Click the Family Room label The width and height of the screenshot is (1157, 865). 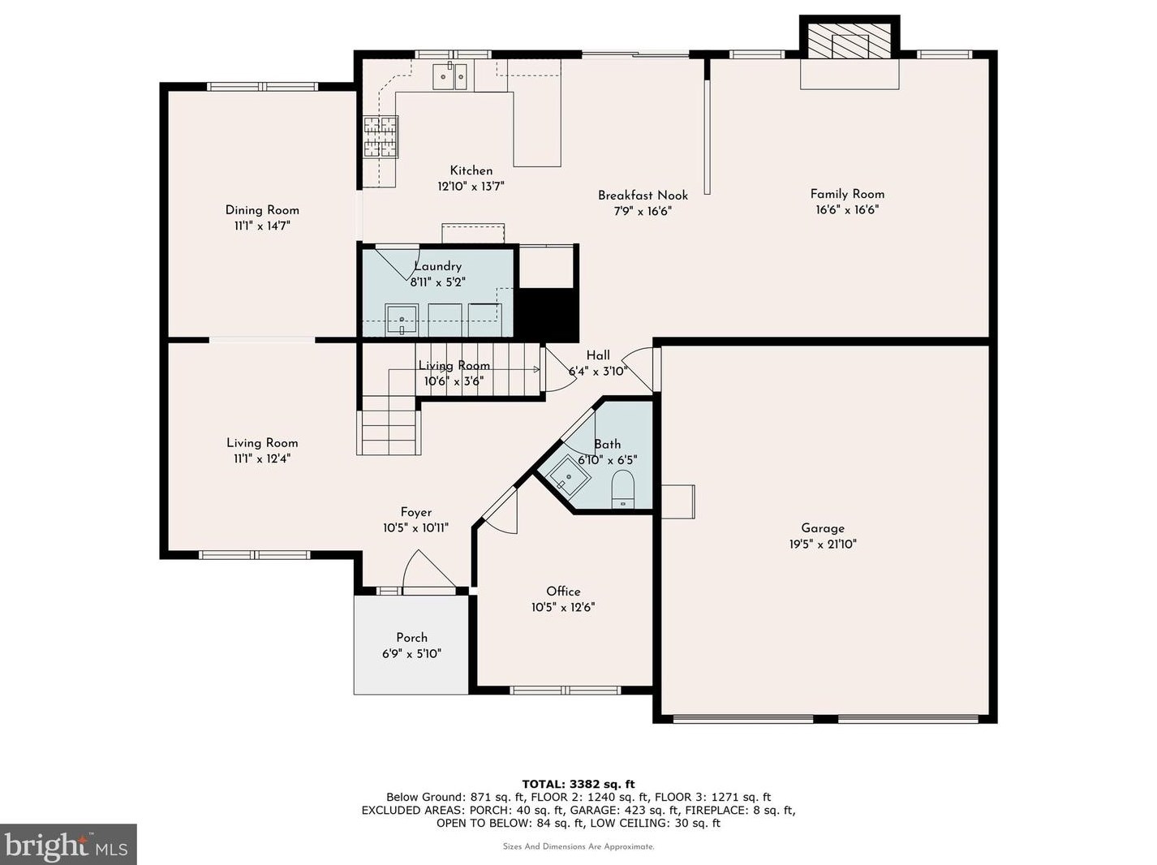pyautogui.click(x=847, y=194)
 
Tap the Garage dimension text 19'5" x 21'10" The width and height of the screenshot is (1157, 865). pyautogui.click(x=823, y=544)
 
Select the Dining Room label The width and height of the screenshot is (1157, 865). pyautogui.click(x=262, y=210)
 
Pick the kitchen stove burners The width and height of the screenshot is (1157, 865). pyautogui.click(x=380, y=137)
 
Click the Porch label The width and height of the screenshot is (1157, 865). pyautogui.click(x=411, y=638)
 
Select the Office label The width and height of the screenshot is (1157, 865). pyautogui.click(x=563, y=592)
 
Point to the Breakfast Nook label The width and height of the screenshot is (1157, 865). pyautogui.click(x=643, y=196)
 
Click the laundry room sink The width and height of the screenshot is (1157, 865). pyautogui.click(x=402, y=320)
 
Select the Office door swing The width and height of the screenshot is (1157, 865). pyautogui.click(x=500, y=511)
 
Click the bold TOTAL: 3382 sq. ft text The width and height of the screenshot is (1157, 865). pyautogui.click(x=578, y=785)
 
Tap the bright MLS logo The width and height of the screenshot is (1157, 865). pyautogui.click(x=68, y=845)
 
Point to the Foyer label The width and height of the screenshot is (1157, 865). pyautogui.click(x=416, y=512)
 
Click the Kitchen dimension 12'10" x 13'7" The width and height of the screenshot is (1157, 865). pyautogui.click(x=471, y=187)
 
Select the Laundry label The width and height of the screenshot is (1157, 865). pyautogui.click(x=437, y=267)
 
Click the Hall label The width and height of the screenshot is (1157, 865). pyautogui.click(x=598, y=355)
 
